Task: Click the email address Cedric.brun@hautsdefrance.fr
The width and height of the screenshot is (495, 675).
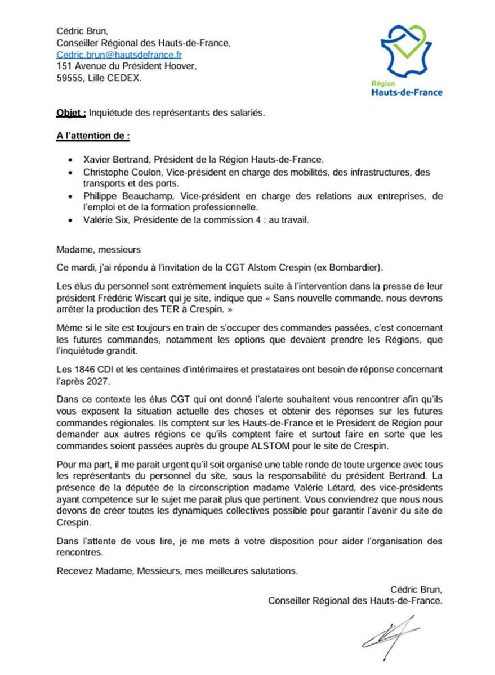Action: click(x=119, y=55)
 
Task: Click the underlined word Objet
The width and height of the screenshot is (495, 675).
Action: click(x=70, y=112)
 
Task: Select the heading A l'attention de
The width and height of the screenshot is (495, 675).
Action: click(x=93, y=136)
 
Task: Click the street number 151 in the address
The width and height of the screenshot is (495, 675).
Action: click(x=64, y=67)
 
